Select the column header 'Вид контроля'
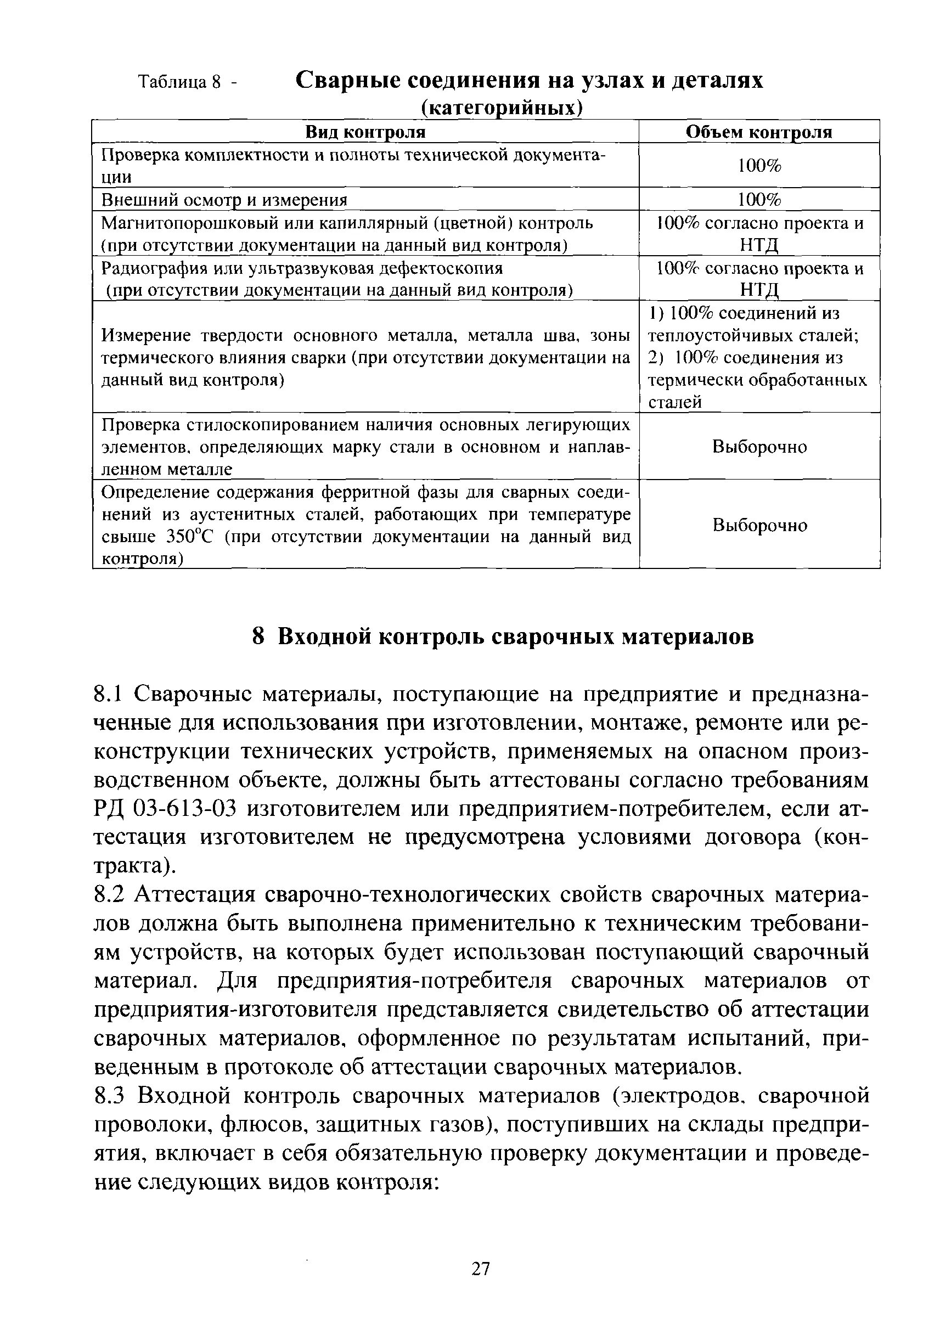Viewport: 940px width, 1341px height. (x=365, y=132)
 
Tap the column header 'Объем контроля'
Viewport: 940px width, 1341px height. (x=758, y=132)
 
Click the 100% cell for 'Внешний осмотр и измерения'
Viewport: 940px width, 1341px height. (x=758, y=200)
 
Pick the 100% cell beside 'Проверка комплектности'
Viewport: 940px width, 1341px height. (x=758, y=166)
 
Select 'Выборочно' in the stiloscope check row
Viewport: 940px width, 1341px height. (x=759, y=447)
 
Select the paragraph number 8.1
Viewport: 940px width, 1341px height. (x=107, y=695)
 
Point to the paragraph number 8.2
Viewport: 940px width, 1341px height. (x=108, y=895)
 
